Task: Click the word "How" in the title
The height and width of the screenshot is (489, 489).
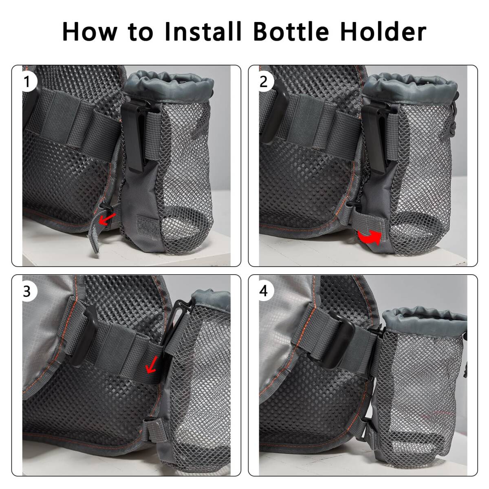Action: (90, 31)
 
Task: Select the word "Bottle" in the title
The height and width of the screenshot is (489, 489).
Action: (291, 31)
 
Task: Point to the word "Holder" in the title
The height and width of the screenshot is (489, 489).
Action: (383, 31)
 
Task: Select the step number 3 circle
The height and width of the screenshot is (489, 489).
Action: (27, 291)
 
